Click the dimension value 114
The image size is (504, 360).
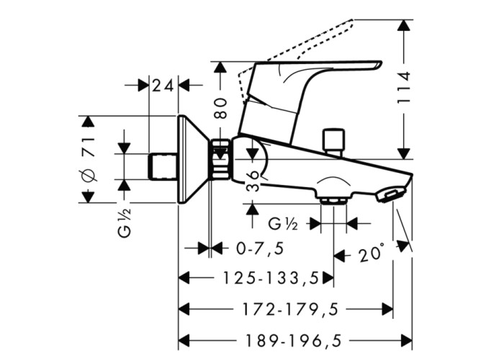pyautogui.click(x=404, y=87)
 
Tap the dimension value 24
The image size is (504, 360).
pyautogui.click(x=163, y=86)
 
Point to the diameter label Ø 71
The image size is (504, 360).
pyautogui.click(x=89, y=159)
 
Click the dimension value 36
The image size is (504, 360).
pyautogui.click(x=253, y=181)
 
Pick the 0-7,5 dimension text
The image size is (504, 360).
pyautogui.click(x=260, y=248)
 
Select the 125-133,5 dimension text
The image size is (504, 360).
pyautogui.click(x=271, y=278)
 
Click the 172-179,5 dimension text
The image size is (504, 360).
pyautogui.click(x=291, y=310)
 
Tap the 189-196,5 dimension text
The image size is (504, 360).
pyautogui.click(x=293, y=340)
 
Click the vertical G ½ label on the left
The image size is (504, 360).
pyautogui.click(x=125, y=222)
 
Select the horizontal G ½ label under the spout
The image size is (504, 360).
pyautogui.click(x=283, y=224)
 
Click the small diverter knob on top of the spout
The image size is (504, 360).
pyautogui.click(x=333, y=143)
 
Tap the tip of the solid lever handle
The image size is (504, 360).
pyautogui.click(x=380, y=63)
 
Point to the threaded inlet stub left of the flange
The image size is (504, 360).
pyautogui.click(x=163, y=166)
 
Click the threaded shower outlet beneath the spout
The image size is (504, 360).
pyautogui.click(x=334, y=201)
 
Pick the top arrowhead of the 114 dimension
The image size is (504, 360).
pyautogui.click(x=404, y=25)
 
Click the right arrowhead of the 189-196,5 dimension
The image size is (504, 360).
pyautogui.click(x=406, y=340)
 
